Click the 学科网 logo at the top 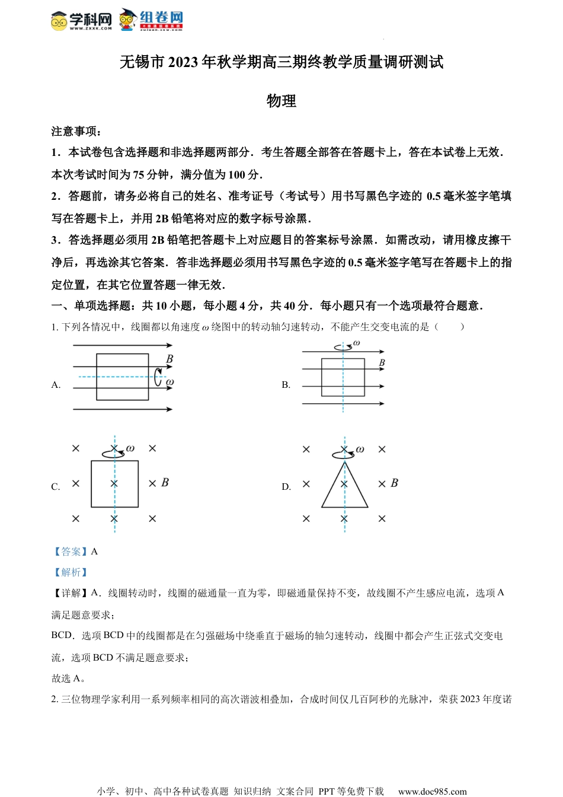81,20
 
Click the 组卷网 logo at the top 151,19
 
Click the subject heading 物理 281,101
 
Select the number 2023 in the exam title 183,62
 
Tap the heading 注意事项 75,131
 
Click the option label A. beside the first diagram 56,385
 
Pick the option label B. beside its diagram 286,385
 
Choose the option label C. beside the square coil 56,487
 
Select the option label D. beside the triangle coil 286,487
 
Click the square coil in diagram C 114,484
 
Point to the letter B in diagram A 169,359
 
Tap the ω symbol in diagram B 356,343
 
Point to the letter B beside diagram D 394,483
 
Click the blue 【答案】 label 71,551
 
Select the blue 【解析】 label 71,572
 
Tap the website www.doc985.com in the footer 432,791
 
